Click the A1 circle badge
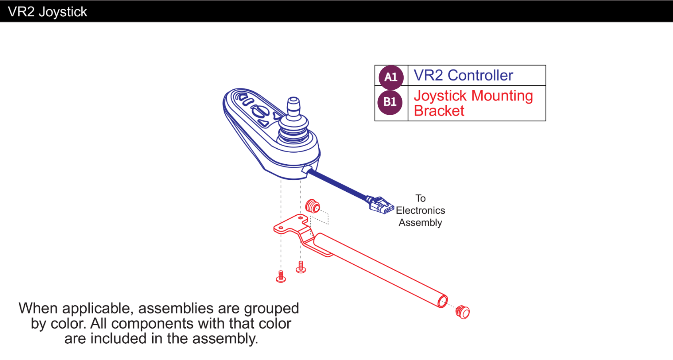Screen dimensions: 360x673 [391, 77]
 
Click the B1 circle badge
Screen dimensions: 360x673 [390, 102]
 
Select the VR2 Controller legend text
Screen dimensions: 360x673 [463, 75]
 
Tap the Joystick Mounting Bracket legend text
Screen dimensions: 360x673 [473, 103]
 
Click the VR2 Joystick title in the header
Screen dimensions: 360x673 [47, 12]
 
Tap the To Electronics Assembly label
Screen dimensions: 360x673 [420, 210]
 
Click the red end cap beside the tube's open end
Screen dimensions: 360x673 [463, 312]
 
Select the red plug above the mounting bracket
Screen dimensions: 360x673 [312, 207]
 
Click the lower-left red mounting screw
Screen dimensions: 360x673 [281, 276]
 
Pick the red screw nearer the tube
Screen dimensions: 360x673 [301, 267]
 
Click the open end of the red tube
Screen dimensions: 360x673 [442, 301]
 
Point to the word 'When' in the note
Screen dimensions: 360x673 [38, 308]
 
